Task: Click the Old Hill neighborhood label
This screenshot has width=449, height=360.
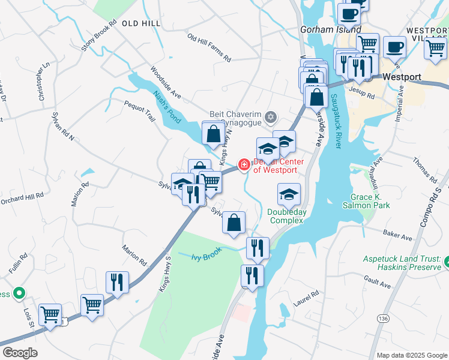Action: pos(141,23)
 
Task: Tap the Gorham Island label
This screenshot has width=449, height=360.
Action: pos(331,29)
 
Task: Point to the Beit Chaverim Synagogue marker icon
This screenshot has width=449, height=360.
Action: pos(271,116)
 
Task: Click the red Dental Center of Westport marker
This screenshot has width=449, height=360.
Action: pos(244,164)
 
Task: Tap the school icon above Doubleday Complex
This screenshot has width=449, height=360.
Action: pos(289,195)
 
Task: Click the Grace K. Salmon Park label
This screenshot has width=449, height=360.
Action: pos(370,201)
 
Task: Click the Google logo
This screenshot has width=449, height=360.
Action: pos(20,353)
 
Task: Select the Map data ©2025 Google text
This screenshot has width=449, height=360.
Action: pos(411,355)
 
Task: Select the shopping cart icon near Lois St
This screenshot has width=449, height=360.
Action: pos(50,313)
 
